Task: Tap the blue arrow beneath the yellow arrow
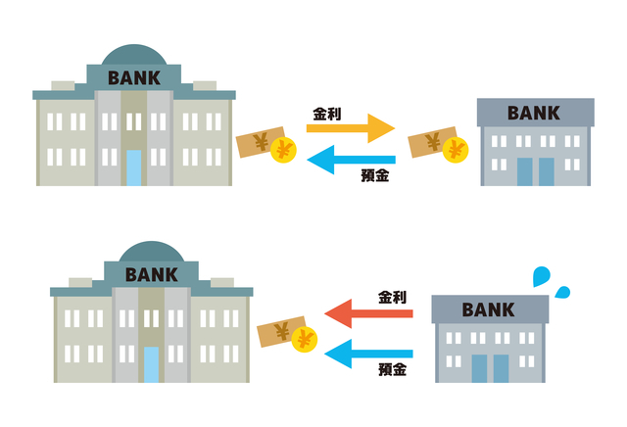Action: pos(351,159)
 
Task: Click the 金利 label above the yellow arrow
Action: pos(327,113)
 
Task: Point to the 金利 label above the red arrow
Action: pos(392,295)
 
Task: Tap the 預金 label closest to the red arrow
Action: pos(392,371)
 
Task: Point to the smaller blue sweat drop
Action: pos(563,291)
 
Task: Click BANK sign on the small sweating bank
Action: pos(488,310)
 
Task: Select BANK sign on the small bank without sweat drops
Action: pos(534,113)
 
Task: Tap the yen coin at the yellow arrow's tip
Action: pos(455,150)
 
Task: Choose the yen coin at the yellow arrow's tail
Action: pos(284,150)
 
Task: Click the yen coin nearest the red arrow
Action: pos(305,341)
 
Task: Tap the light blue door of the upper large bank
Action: pos(134,167)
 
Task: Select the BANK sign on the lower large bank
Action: pos(152,275)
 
